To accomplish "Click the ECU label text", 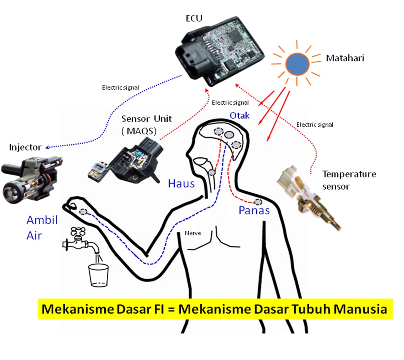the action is [194, 18].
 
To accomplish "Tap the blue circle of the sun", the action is [297, 64].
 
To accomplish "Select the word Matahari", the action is [345, 58].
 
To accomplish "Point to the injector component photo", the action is [31, 179].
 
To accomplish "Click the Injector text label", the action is [25, 147].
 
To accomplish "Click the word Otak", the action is [239, 115].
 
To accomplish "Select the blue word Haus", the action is [181, 184].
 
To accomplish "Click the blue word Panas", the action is [254, 210].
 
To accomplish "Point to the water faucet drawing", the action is [81, 241].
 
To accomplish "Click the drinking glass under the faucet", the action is [99, 275].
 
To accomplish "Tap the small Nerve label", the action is [193, 233].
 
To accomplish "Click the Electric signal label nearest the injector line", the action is [120, 88].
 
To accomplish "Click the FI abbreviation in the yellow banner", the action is [159, 309].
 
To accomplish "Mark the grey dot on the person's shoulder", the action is [258, 202].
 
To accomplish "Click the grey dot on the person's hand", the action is [83, 212].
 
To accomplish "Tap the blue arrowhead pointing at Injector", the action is [48, 148].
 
